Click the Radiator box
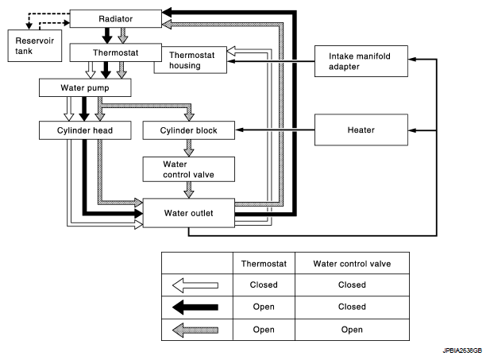116,19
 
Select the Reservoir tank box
35,45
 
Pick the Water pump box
85,87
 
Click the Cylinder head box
85,130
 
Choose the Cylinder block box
189,130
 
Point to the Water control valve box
189,169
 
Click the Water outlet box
189,213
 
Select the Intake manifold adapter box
361,61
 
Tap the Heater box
361,130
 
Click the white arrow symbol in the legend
195,285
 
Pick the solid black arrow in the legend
195,307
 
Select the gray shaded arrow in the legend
195,330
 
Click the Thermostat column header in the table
264,264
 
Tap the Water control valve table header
352,264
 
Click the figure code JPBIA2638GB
462,350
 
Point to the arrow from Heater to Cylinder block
275,130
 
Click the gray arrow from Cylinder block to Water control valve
189,148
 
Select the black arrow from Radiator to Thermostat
107,36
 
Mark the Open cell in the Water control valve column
352,330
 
